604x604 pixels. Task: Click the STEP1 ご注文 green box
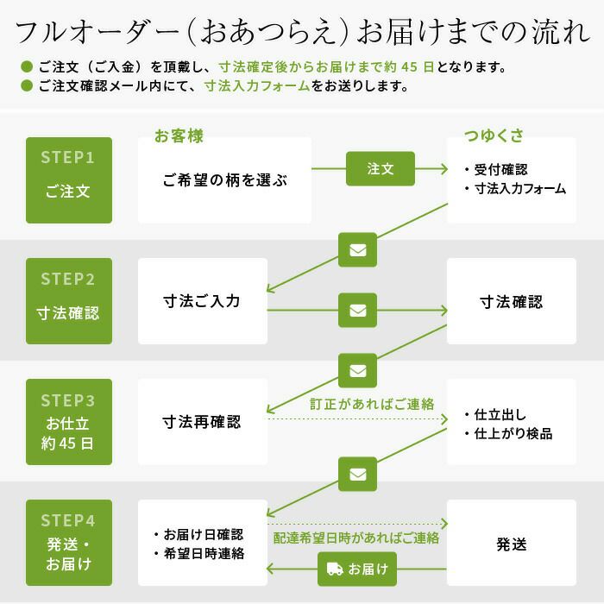pyautogui.click(x=69, y=180)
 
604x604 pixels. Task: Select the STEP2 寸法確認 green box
pyautogui.click(x=69, y=301)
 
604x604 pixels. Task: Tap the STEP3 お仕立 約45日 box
pyautogui.click(x=69, y=422)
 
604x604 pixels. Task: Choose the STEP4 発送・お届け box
pyautogui.click(x=69, y=543)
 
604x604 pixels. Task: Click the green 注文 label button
pyautogui.click(x=381, y=169)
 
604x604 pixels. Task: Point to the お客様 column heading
pyautogui.click(x=179, y=136)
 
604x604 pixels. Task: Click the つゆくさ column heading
pyautogui.click(x=494, y=136)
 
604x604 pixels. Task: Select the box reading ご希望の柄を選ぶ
pyautogui.click(x=224, y=180)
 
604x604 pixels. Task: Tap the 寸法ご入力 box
pyautogui.click(x=203, y=301)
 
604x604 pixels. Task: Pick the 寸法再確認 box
pyautogui.click(x=203, y=422)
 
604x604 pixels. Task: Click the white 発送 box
pyautogui.click(x=512, y=543)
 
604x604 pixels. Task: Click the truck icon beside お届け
pyautogui.click(x=335, y=569)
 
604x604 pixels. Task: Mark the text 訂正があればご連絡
pyautogui.click(x=372, y=404)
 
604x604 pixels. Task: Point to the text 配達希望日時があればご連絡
pyautogui.click(x=355, y=538)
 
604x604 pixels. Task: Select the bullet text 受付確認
pyautogui.click(x=500, y=169)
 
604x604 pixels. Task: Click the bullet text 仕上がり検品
pyautogui.click(x=513, y=434)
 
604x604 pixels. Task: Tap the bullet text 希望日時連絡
pyautogui.click(x=204, y=554)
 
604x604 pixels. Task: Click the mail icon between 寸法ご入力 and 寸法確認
pyautogui.click(x=357, y=311)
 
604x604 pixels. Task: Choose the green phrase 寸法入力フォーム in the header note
pyautogui.click(x=257, y=86)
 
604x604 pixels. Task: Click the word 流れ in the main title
pyautogui.click(x=561, y=33)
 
